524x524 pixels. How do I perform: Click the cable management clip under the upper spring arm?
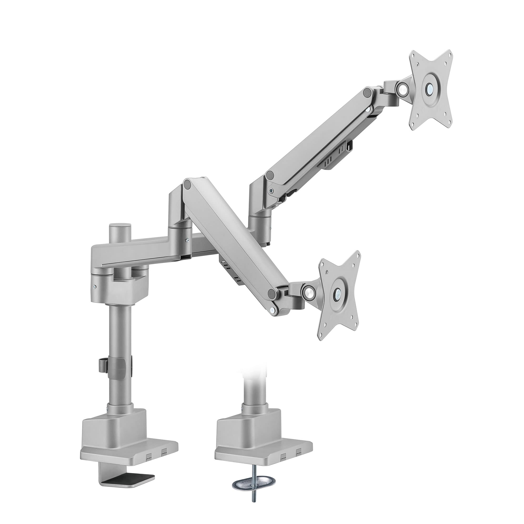point(336,160)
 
